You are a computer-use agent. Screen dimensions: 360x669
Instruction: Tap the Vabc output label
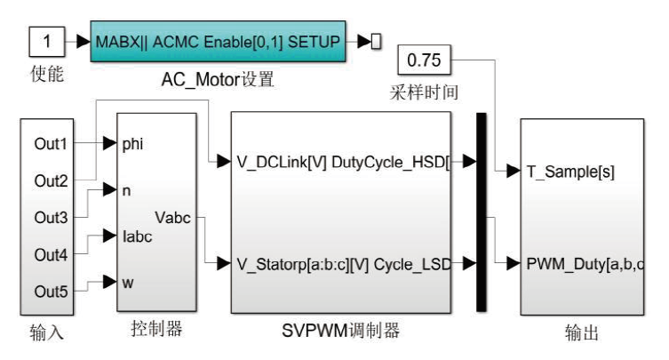coord(172,217)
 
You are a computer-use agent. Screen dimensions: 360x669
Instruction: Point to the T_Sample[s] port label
coord(566,171)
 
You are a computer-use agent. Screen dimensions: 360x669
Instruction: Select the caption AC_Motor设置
coord(216,80)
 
